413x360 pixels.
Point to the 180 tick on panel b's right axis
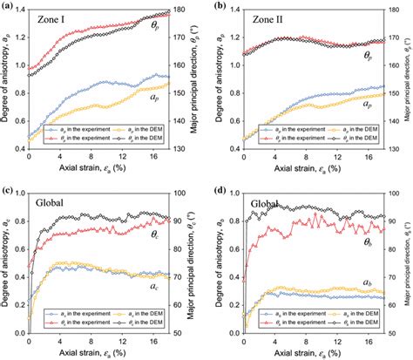394,11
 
